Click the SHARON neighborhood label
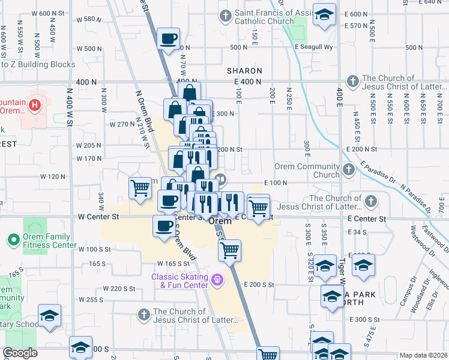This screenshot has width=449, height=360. pos(245,71)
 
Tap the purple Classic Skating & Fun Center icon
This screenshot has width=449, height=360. pos(217,278)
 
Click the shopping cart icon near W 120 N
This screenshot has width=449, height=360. pos(140,187)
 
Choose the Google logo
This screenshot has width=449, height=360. pos(20,353)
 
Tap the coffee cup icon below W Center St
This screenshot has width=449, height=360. pos(163,226)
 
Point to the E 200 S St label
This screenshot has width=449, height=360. pos(259,284)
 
